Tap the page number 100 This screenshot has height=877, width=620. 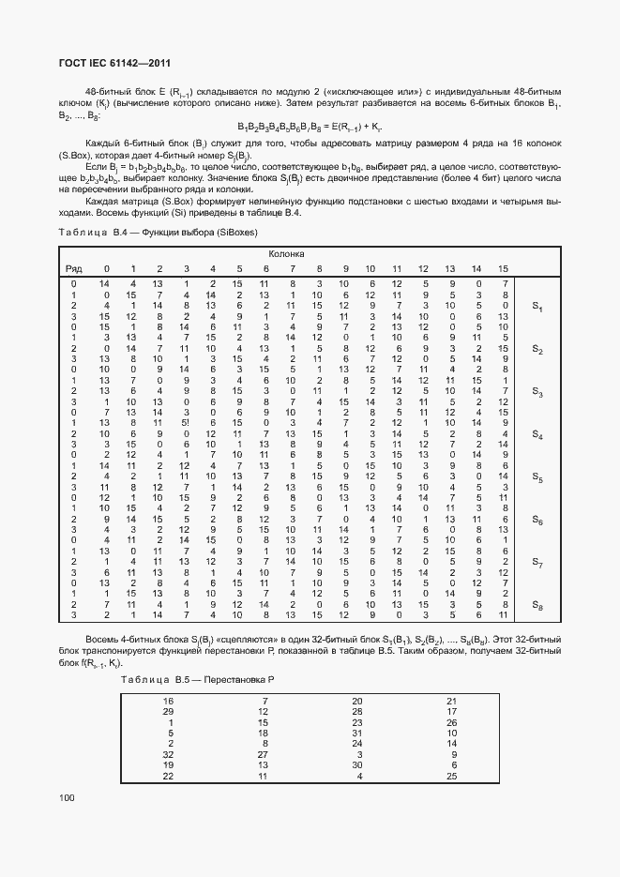coord(68,797)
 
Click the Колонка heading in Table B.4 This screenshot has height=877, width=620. coord(286,254)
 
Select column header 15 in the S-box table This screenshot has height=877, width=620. coord(504,269)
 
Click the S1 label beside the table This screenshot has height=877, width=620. coord(537,307)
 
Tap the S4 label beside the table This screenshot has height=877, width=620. coord(537,434)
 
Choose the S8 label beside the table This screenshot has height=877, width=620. coord(537,604)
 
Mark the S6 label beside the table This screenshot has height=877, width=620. coord(537,520)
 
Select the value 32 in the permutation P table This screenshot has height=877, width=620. coord(169,753)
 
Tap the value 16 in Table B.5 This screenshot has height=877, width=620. coord(169,701)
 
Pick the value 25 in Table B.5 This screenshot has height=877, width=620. coord(452,776)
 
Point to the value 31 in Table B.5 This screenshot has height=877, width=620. coord(357,733)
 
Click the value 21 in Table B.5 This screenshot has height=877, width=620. coord(452,701)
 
